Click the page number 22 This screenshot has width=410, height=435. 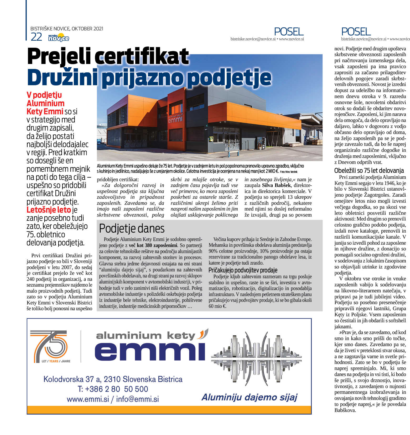36,37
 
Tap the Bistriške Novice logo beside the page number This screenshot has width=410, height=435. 59,38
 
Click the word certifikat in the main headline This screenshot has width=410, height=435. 142,56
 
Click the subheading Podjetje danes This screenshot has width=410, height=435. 132,228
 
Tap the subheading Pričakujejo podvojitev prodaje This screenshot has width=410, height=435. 243,270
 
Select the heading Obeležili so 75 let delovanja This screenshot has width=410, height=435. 369,170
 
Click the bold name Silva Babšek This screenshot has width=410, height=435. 276,185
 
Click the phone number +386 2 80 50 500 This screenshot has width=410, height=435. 113,389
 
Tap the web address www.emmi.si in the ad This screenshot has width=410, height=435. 88,399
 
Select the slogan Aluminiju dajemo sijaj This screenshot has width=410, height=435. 249,397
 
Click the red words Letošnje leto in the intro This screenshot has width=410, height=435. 49,210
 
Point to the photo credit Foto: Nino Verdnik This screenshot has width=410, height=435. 289,172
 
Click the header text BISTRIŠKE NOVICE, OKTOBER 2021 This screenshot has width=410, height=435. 67,29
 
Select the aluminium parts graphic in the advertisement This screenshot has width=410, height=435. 256,359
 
